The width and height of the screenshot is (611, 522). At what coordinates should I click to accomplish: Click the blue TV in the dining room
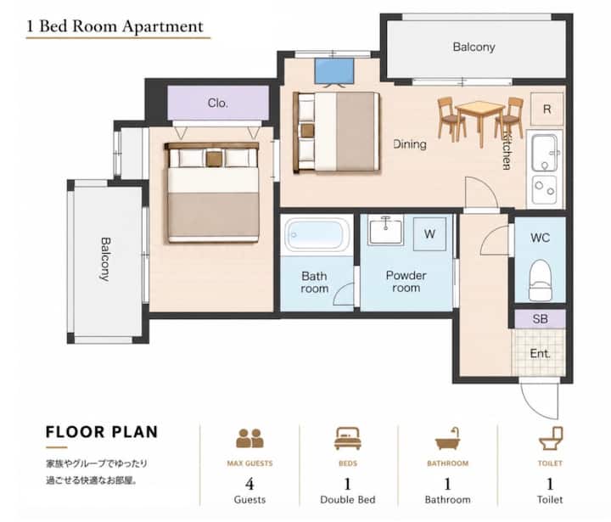(x=334, y=72)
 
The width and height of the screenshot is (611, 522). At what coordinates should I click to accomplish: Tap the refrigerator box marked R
(x=547, y=109)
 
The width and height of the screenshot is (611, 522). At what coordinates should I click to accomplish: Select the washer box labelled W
(x=429, y=234)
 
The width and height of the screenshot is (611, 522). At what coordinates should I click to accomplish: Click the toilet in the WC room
(x=540, y=280)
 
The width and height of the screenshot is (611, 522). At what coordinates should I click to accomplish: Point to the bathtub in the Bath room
(x=317, y=235)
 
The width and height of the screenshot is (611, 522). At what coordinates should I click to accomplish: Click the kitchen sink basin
(x=545, y=153)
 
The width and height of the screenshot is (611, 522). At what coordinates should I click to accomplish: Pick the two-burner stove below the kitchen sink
(x=545, y=189)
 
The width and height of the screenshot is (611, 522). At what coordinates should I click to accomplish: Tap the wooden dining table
(x=479, y=118)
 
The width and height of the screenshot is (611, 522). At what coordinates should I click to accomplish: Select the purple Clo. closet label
(x=218, y=103)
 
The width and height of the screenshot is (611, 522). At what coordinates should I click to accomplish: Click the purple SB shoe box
(x=540, y=319)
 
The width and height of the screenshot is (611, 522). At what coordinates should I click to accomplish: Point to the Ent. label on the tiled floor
(x=540, y=354)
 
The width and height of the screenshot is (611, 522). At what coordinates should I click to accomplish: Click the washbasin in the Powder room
(x=386, y=231)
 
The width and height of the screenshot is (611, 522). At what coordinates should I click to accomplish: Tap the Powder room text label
(x=406, y=282)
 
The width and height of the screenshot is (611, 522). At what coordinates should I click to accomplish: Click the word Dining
(x=410, y=143)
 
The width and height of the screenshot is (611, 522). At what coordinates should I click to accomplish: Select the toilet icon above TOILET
(x=551, y=439)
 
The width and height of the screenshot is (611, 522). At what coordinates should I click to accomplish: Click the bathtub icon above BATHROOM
(x=447, y=439)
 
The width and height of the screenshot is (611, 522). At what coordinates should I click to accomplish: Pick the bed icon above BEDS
(x=348, y=439)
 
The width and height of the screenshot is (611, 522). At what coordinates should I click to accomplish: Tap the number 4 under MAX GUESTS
(x=249, y=484)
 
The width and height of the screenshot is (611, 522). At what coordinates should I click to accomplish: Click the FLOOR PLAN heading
(x=102, y=432)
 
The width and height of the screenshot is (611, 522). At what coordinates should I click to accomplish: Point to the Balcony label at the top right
(x=474, y=48)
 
